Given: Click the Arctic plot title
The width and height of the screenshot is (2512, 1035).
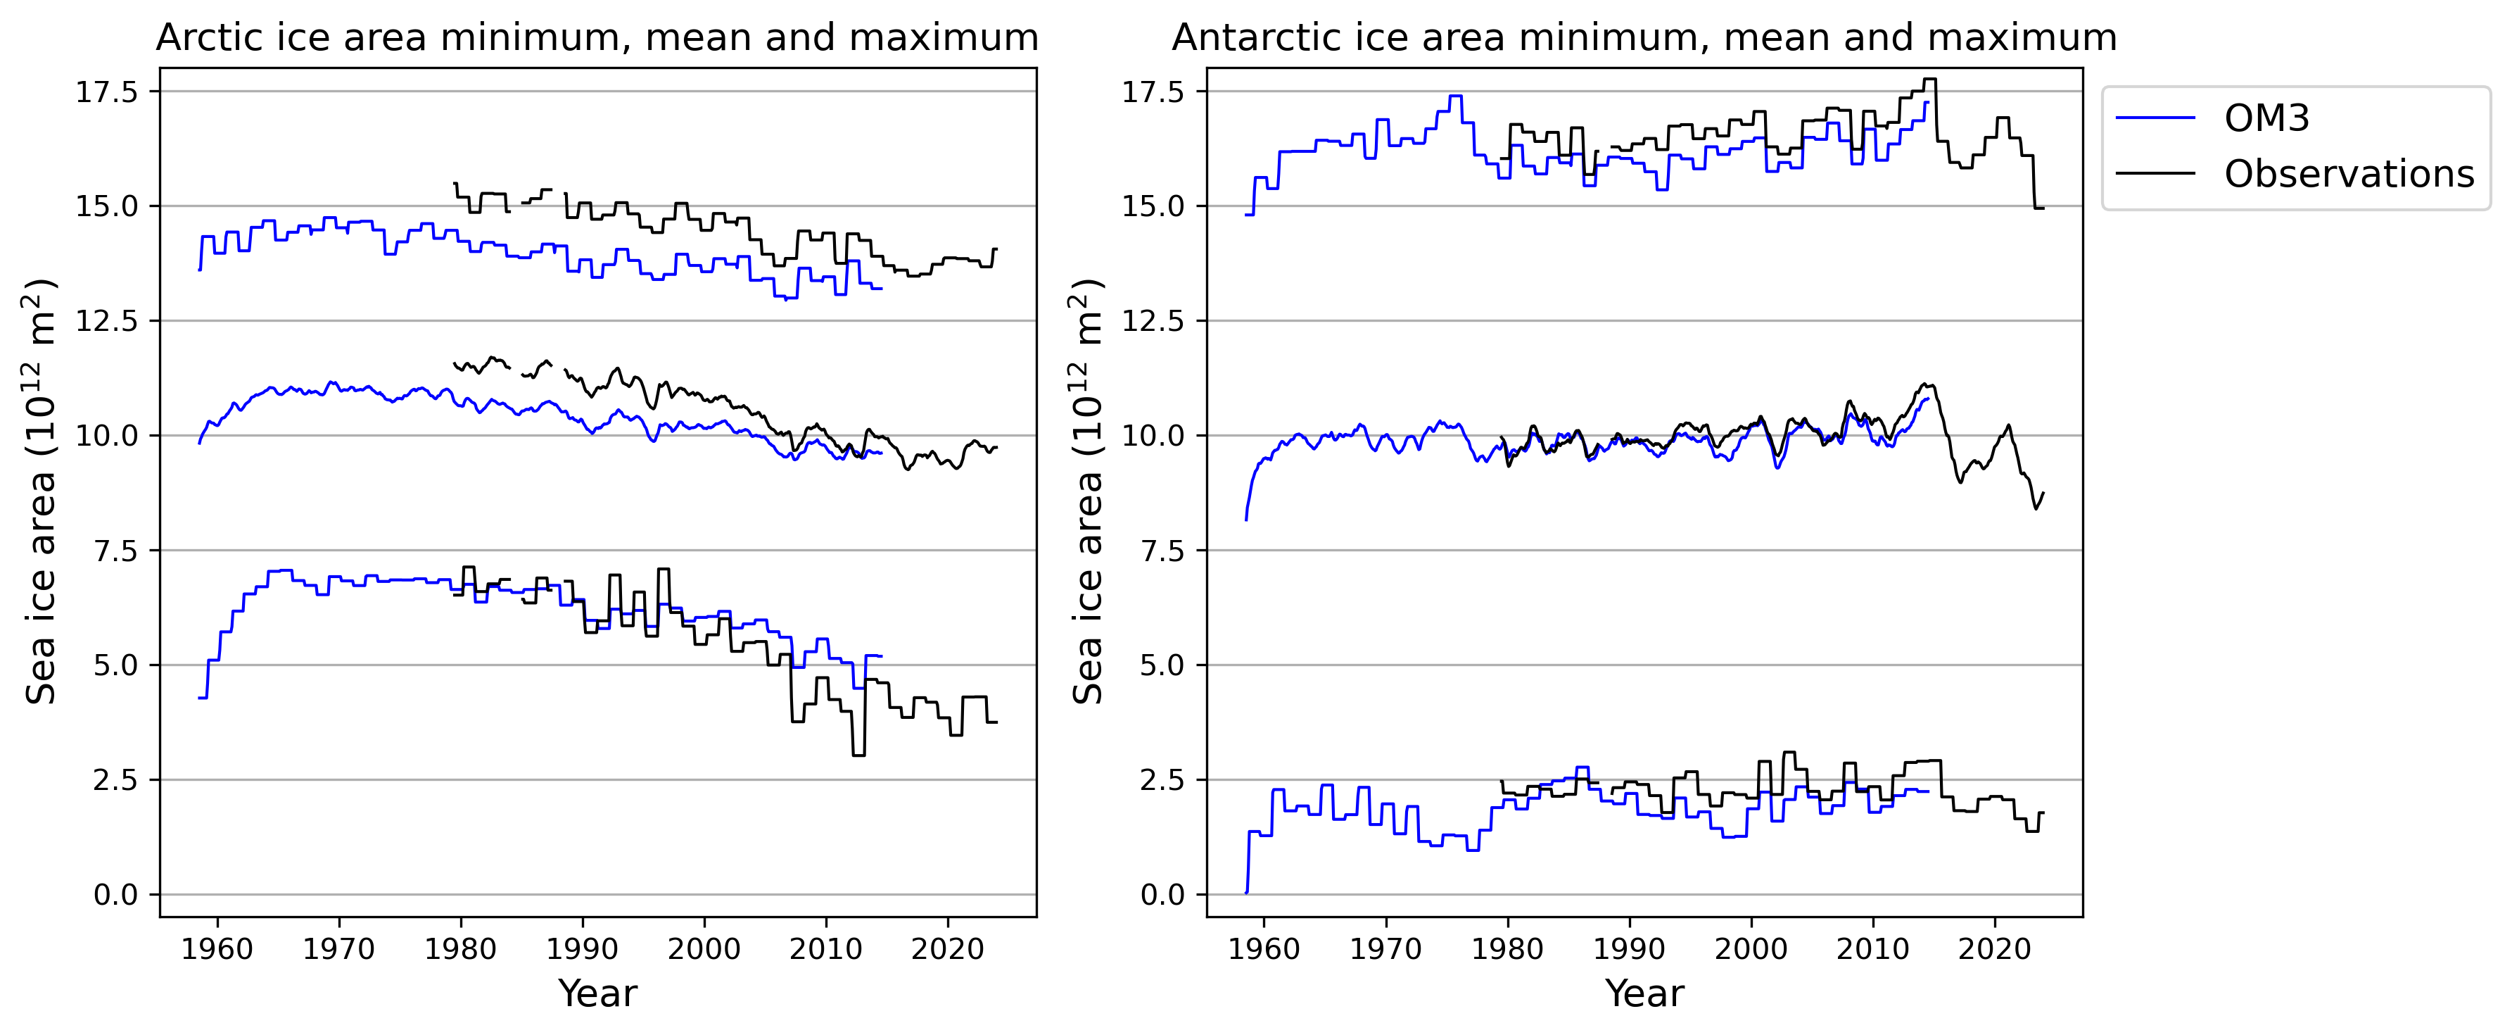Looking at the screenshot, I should click(x=597, y=38).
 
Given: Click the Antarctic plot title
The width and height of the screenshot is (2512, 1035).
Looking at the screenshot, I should click(x=1644, y=38).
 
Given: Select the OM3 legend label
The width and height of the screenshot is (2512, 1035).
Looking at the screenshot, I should click(x=2266, y=118).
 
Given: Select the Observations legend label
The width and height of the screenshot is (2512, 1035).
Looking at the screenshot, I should click(x=2348, y=174).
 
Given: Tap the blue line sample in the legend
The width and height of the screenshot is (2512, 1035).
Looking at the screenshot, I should click(x=2156, y=118).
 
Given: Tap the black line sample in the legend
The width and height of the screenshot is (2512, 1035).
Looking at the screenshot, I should click(x=2156, y=174).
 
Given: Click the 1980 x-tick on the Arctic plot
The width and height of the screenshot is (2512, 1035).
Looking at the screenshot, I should click(x=460, y=948).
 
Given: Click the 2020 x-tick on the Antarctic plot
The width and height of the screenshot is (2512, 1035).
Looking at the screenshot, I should click(x=1994, y=948).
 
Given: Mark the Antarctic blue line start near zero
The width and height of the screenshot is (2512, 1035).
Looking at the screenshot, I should click(x=1246, y=891).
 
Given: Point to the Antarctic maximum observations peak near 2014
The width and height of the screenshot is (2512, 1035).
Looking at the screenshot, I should click(x=1929, y=80).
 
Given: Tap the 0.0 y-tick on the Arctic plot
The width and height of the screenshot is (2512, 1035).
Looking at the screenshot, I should click(x=116, y=894).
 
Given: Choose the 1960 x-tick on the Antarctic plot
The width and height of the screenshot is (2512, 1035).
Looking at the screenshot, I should click(x=1264, y=948).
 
